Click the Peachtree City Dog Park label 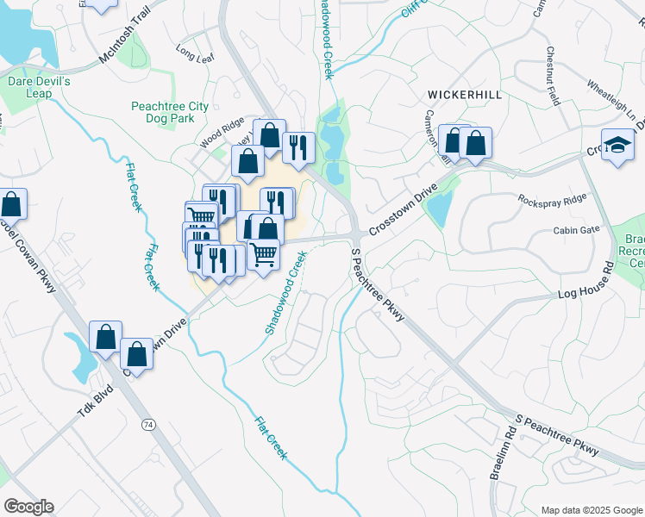(x=170, y=112)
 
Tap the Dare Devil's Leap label (x=38, y=87)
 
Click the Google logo (x=28, y=507)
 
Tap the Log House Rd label (x=583, y=295)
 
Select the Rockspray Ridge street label (x=552, y=200)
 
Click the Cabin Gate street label (x=576, y=230)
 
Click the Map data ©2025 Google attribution (x=591, y=509)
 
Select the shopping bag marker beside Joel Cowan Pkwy (x=12, y=205)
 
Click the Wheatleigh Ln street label (x=616, y=102)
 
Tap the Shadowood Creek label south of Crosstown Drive (x=285, y=293)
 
